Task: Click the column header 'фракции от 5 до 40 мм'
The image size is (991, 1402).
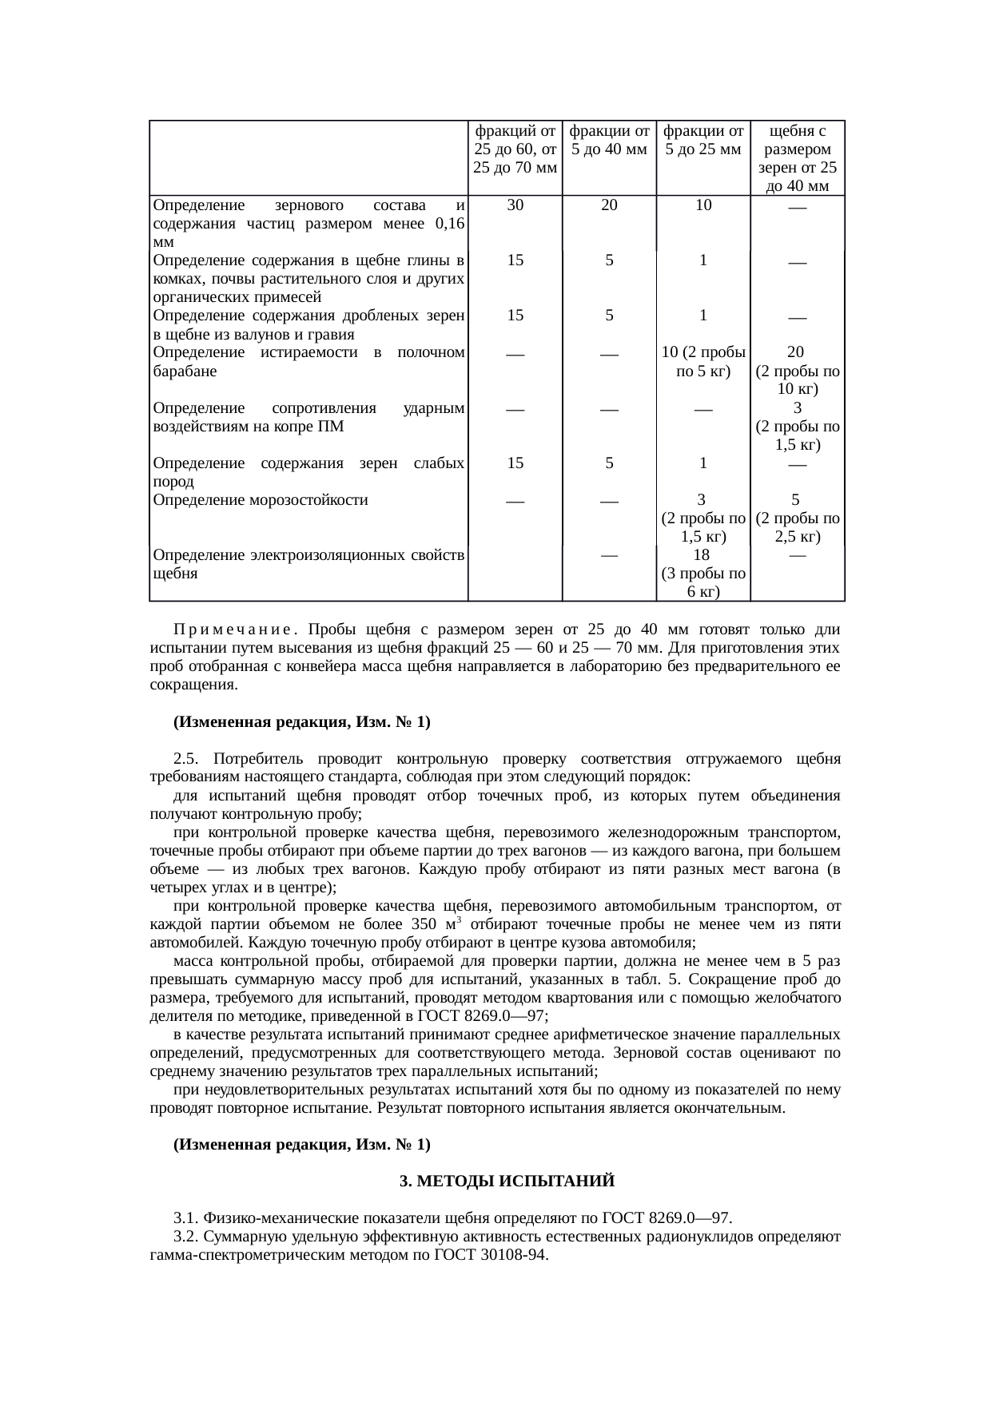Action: pos(609,140)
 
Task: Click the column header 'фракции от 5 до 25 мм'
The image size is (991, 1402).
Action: pos(703,140)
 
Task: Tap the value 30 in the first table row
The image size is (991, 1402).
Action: pos(515,205)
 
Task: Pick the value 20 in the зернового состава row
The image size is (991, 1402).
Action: pos(609,205)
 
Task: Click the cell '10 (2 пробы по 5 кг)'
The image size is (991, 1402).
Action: pos(703,361)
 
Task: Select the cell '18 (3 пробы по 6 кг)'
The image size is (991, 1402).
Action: pos(703,573)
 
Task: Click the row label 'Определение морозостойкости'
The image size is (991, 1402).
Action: pos(261,500)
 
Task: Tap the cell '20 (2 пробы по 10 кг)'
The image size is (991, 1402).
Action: pos(798,371)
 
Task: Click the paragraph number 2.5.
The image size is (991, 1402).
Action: pos(189,758)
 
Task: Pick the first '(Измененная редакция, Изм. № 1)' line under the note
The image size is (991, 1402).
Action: pos(302,721)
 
